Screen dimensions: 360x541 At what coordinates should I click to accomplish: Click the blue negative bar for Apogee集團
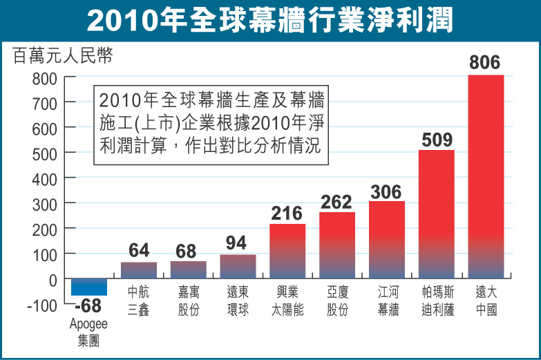click(x=89, y=287)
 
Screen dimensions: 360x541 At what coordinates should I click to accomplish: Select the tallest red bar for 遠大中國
click(x=486, y=176)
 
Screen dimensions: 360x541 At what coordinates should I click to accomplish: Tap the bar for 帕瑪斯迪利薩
click(x=436, y=214)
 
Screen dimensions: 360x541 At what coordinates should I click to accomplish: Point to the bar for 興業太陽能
click(x=287, y=251)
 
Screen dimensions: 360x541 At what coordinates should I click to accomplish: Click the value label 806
click(x=485, y=63)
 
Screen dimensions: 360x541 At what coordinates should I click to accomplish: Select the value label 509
click(x=436, y=140)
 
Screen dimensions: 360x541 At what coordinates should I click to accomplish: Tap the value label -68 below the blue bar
click(x=88, y=306)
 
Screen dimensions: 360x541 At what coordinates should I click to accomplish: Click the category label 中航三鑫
click(x=139, y=301)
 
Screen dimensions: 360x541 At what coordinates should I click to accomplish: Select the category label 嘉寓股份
click(x=188, y=301)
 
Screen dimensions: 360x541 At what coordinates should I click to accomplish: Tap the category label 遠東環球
click(x=238, y=301)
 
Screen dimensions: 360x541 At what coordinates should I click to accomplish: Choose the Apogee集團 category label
click(x=88, y=331)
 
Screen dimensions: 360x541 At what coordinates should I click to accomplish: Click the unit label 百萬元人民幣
click(x=63, y=56)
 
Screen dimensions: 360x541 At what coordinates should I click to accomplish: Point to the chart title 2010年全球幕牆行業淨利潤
click(x=270, y=20)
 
